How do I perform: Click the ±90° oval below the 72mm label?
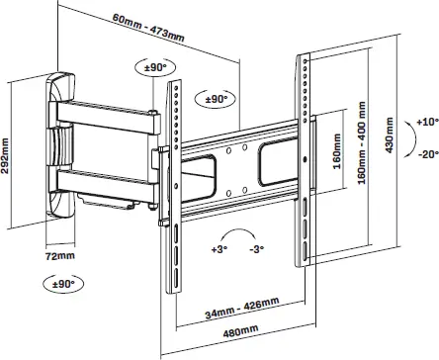tap(62, 283)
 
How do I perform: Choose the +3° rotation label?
tap(219, 250)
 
